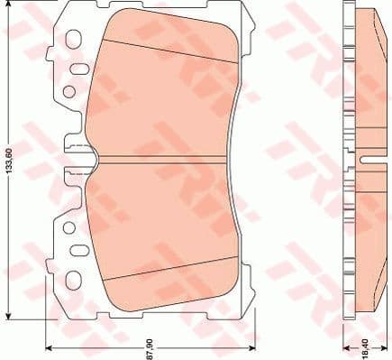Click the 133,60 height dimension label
9,162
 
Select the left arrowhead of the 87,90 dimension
50,346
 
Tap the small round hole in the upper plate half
69,91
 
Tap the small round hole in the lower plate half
69,228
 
